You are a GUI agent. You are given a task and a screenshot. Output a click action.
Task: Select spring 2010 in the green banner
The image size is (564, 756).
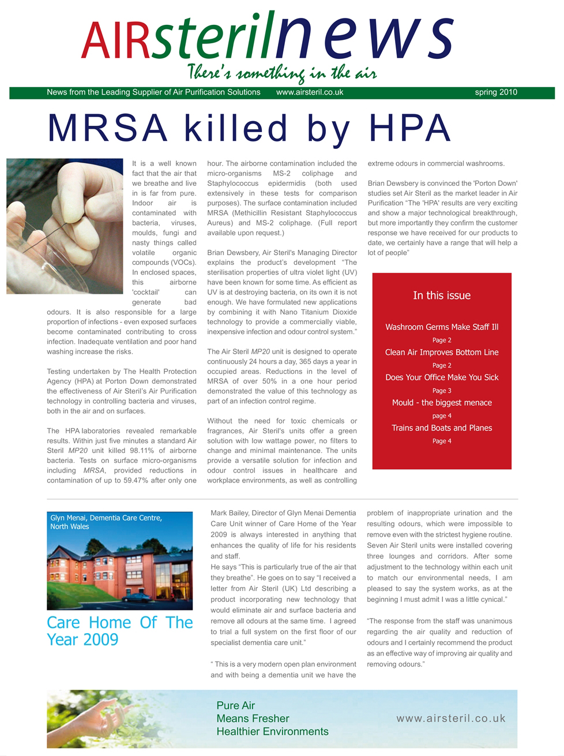[495, 92]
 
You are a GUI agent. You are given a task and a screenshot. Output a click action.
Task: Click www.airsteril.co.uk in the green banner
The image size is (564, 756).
[310, 92]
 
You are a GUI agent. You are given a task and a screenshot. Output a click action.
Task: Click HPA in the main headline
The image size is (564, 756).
[409, 128]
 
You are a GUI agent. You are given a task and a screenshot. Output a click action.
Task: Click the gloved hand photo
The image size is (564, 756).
[65, 226]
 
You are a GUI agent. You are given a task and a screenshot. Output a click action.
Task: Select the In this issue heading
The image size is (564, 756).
[442, 295]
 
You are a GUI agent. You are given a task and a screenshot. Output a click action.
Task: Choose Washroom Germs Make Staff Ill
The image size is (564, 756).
[442, 327]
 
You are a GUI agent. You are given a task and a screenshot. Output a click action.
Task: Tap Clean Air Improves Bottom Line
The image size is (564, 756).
[442, 352]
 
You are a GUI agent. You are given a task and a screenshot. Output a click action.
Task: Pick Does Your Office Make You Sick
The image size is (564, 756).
[442, 377]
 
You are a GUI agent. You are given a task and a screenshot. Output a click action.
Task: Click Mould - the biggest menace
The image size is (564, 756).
[442, 403]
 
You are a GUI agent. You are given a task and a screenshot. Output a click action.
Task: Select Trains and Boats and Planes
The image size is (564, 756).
[442, 428]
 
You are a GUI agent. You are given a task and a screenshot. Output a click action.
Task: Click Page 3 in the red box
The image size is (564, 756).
[442, 391]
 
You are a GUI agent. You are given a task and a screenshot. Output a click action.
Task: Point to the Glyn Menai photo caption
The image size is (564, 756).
[106, 522]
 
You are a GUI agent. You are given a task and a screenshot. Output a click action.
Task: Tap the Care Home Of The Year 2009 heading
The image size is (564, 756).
[119, 631]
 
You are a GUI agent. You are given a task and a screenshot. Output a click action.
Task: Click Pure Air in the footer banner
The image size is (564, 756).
[235, 705]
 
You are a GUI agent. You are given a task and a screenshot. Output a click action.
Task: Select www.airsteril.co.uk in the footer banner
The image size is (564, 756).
[450, 718]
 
